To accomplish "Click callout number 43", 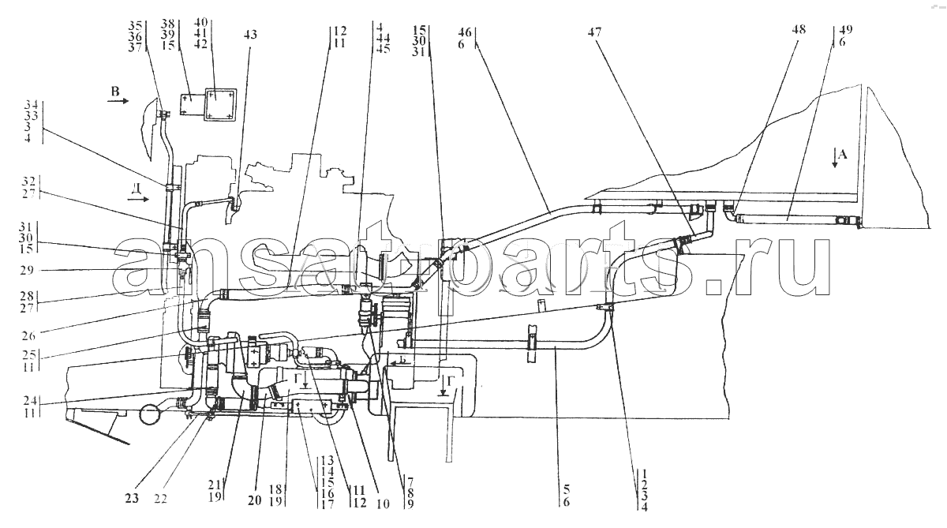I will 250,35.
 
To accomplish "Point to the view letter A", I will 842,155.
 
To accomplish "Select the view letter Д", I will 136,188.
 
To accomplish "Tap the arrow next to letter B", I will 118,103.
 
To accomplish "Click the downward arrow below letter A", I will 834,161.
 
